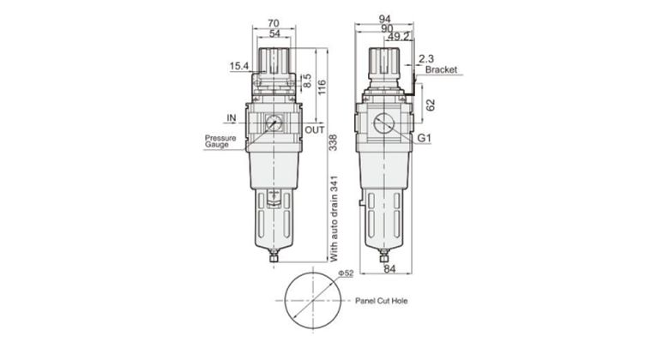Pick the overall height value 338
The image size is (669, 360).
point(331,147)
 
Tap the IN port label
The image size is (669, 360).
point(232,117)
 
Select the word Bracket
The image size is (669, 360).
point(441,70)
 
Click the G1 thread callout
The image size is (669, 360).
point(425,138)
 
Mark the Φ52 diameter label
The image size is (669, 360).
point(346,273)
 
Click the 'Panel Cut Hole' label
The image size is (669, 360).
point(382,302)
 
